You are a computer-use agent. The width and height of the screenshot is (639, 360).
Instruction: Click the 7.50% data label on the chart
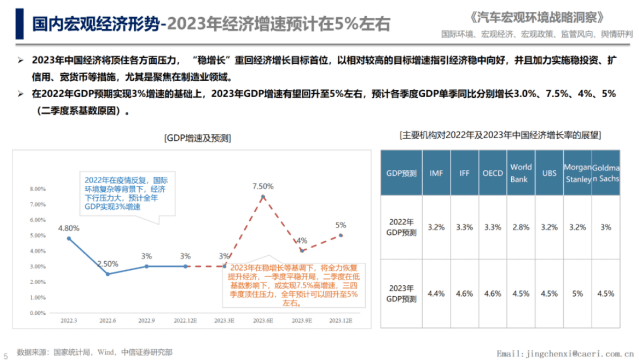pyautogui.click(x=263, y=186)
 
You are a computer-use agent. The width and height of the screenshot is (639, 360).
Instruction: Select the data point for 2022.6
pyautogui.click(x=107, y=274)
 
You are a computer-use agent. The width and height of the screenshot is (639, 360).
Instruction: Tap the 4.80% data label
pyautogui.click(x=69, y=227)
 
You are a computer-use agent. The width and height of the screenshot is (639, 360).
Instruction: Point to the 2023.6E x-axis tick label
pyautogui.click(x=263, y=321)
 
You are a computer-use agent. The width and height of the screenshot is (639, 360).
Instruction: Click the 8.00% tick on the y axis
pyautogui.click(x=38, y=189)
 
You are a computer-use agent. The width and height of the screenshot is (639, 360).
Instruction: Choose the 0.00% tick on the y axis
pyautogui.click(x=38, y=313)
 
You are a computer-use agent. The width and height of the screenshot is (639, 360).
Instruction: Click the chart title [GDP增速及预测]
pyautogui.click(x=197, y=138)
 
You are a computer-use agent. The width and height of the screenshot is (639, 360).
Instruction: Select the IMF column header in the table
pyautogui.click(x=436, y=173)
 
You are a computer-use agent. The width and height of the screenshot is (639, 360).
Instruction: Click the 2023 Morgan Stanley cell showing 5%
pyautogui.click(x=577, y=294)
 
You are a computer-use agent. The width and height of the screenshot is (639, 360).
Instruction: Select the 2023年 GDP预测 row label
pyautogui.click(x=401, y=294)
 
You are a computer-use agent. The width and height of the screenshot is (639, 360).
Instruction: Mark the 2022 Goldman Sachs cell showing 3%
pyautogui.click(x=606, y=227)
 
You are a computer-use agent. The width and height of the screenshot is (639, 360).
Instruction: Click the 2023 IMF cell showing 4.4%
pyautogui.click(x=436, y=294)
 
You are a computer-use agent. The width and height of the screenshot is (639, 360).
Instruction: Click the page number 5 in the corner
pyautogui.click(x=6, y=355)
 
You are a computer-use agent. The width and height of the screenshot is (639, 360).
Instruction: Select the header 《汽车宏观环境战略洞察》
pyautogui.click(x=536, y=16)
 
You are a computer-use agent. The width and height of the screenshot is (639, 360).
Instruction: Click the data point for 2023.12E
pyautogui.click(x=341, y=235)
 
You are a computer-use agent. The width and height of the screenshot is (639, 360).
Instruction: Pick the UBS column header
pyautogui.click(x=549, y=173)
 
